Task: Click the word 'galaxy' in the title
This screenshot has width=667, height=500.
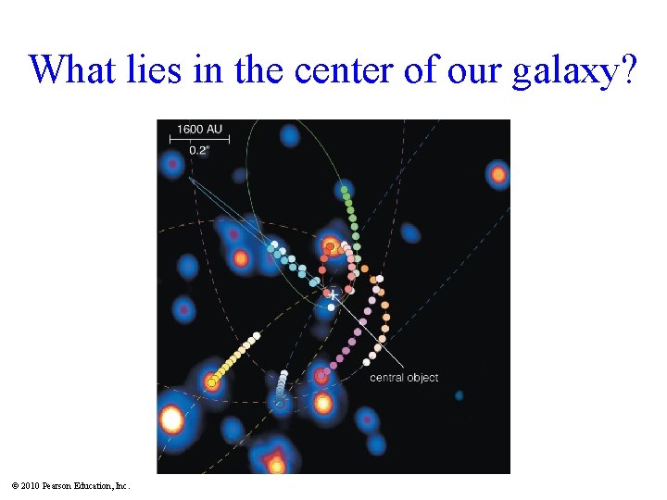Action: [x=566, y=69]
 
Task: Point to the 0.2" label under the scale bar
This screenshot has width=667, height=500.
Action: [x=197, y=150]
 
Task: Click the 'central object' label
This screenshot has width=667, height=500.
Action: [x=404, y=377]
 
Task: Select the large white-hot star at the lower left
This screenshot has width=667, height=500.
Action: [x=171, y=419]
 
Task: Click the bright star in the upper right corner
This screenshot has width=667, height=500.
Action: [x=498, y=173]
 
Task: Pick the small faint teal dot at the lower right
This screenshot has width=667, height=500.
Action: [x=459, y=395]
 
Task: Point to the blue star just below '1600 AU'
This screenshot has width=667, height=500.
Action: [x=172, y=167]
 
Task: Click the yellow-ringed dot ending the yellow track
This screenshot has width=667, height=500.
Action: [x=211, y=381]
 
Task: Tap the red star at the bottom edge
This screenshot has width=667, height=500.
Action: [x=275, y=462]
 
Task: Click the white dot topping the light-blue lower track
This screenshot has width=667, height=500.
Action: [x=285, y=373]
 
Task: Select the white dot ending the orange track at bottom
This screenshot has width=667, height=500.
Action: [x=367, y=362]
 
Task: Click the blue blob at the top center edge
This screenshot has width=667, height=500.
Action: [x=289, y=136]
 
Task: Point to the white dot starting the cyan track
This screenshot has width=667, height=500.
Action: [x=273, y=244]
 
